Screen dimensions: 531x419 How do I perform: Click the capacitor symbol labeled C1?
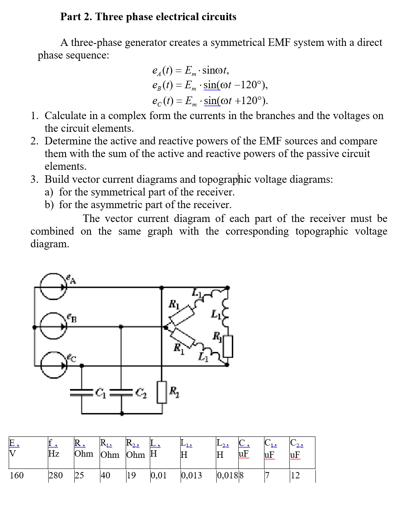(82, 392)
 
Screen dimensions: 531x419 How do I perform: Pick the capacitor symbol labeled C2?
(121, 392)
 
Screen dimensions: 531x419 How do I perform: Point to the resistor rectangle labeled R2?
(162, 392)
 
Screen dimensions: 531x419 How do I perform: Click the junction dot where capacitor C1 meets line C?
(82, 366)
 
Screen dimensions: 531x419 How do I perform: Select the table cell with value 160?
(17, 475)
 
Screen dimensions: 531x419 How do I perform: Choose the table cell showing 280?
(56, 475)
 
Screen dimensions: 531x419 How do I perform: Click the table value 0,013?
(192, 475)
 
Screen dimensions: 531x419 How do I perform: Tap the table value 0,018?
(227, 475)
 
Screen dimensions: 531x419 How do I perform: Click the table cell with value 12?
(295, 475)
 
